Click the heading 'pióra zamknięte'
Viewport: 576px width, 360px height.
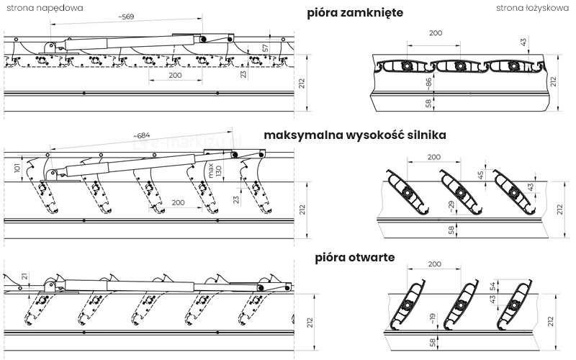[x=354, y=13]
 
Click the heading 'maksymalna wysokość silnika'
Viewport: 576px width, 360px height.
[x=355, y=135]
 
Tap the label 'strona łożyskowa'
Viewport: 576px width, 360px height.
[x=535, y=8]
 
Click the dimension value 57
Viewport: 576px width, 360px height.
[x=265, y=48]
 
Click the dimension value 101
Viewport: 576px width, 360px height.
[x=16, y=169]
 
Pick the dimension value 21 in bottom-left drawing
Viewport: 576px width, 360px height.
[x=24, y=276]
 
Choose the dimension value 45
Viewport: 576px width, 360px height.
[x=480, y=176]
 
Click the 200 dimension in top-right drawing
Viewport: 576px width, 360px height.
[x=435, y=33]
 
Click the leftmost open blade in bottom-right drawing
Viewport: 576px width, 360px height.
[x=405, y=306]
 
